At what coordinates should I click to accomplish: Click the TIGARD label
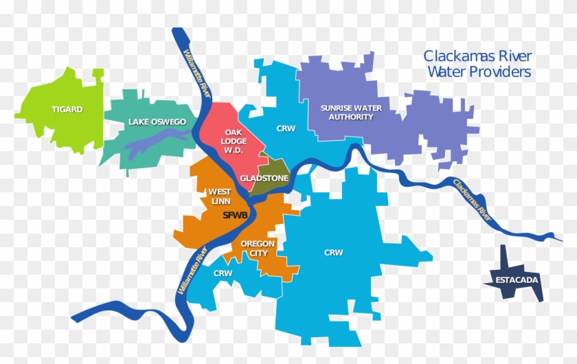(67, 109)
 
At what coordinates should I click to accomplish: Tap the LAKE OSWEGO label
(157, 122)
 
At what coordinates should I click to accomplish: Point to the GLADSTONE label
(264, 179)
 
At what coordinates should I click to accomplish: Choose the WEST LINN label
(219, 196)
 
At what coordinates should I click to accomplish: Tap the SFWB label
(235, 215)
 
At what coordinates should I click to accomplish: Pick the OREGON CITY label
(258, 249)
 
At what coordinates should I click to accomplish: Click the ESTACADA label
(512, 280)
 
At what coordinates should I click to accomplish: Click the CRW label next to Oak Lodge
(286, 128)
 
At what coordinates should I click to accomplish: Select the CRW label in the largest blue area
(333, 253)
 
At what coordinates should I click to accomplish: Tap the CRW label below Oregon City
(223, 273)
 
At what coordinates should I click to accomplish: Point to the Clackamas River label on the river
(473, 198)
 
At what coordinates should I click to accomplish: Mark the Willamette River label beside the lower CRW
(192, 273)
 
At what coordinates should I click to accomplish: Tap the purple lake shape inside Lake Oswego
(155, 143)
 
